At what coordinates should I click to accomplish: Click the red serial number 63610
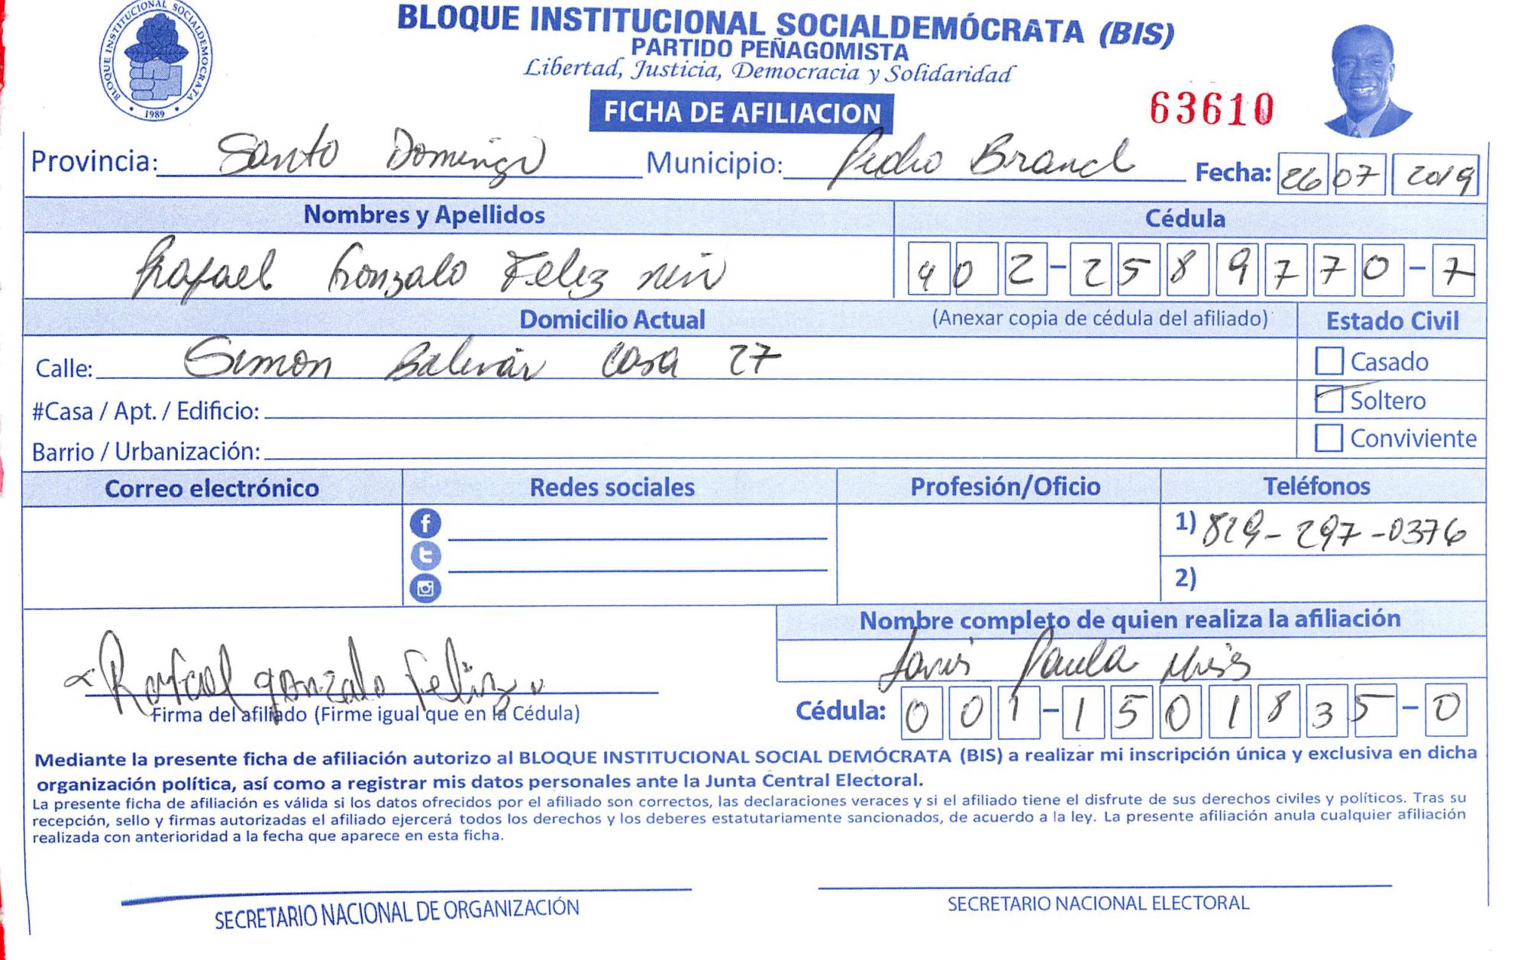pyautogui.click(x=1212, y=108)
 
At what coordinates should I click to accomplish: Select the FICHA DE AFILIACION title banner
pyautogui.click(x=741, y=113)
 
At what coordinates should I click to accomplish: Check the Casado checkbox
pyautogui.click(x=1328, y=361)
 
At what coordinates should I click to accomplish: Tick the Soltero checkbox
pyautogui.click(x=1328, y=399)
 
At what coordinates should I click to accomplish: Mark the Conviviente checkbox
pyautogui.click(x=1328, y=438)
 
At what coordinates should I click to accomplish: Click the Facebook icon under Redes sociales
pyautogui.click(x=425, y=523)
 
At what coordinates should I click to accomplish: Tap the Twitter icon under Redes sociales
pyautogui.click(x=425, y=555)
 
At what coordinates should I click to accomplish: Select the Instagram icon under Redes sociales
pyautogui.click(x=425, y=588)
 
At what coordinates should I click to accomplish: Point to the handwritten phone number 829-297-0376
pyautogui.click(x=1333, y=532)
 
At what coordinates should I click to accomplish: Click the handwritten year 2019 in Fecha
pyautogui.click(x=1435, y=176)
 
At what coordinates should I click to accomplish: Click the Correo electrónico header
pyautogui.click(x=211, y=489)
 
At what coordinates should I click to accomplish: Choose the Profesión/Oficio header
pyautogui.click(x=1005, y=486)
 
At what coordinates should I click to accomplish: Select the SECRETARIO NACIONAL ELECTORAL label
pyautogui.click(x=1098, y=903)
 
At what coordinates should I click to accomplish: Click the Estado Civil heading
pyautogui.click(x=1392, y=321)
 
